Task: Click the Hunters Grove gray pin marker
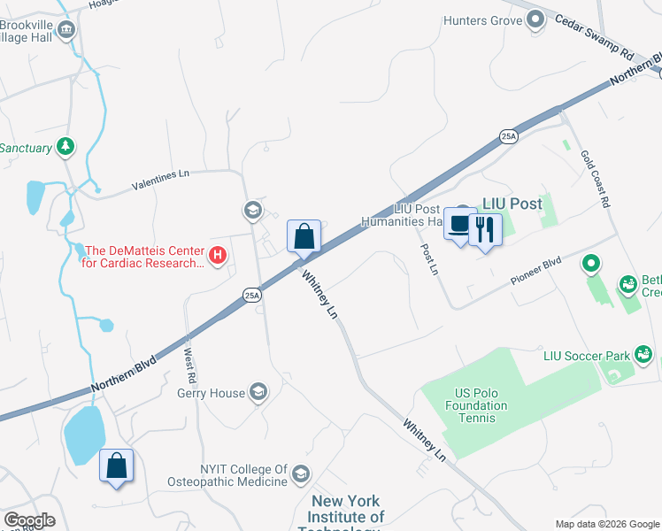pos(535,19)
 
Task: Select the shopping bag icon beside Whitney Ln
pos(304,236)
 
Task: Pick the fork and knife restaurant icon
pos(484,230)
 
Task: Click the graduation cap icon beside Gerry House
pos(258,392)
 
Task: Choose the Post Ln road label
pos(429,259)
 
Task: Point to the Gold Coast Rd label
pos(596,178)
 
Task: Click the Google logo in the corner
pos(29,520)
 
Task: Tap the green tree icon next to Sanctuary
pos(65,147)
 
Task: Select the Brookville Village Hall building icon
pos(66,32)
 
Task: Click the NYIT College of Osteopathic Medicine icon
pos(301,474)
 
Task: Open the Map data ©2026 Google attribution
pos(606,524)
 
